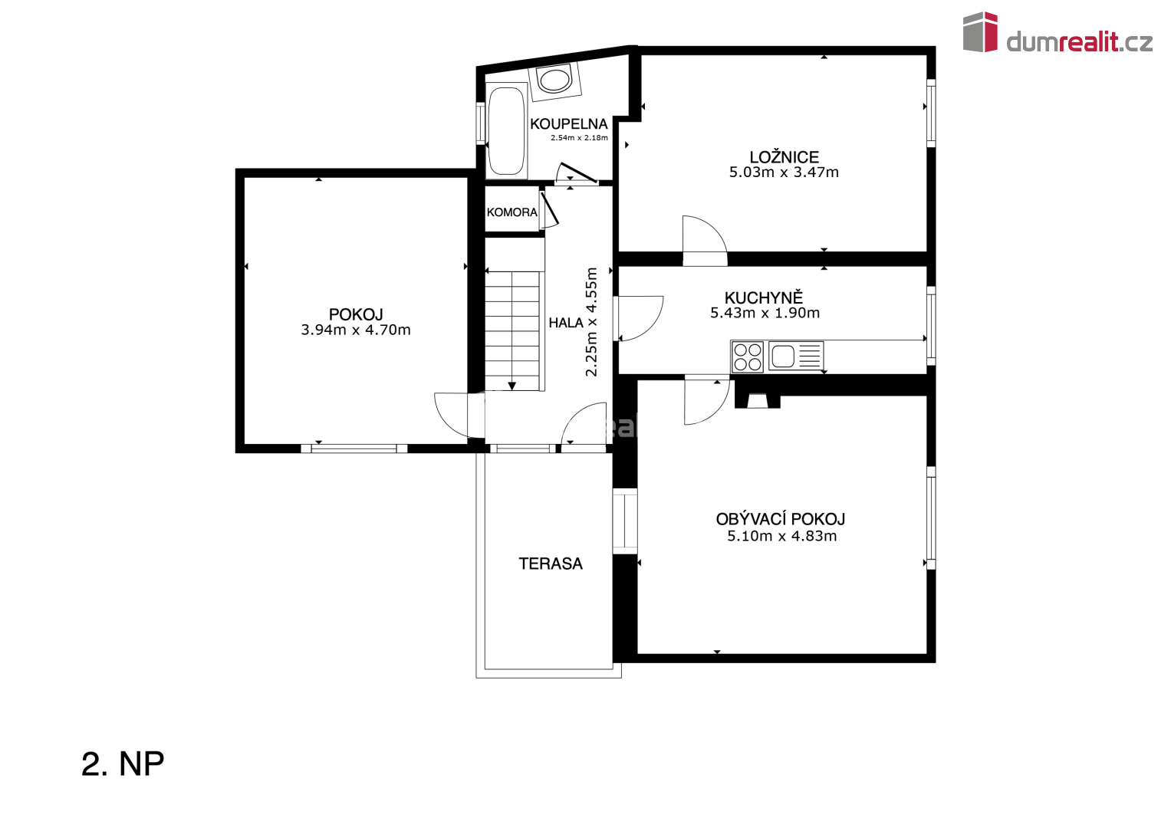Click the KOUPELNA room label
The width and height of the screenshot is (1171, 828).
coord(569,124)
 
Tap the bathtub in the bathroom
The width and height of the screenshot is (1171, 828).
coord(506,130)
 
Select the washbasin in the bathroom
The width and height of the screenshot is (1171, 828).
coord(554,80)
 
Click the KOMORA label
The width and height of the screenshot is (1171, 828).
coord(511,212)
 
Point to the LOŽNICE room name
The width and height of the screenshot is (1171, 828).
coord(785,157)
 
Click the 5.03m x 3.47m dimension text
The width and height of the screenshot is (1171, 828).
coord(784,172)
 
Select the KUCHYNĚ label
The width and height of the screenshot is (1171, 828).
coord(764,297)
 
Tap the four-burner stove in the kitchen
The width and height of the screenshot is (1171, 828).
coord(748,356)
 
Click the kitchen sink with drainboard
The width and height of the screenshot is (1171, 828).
coord(796,356)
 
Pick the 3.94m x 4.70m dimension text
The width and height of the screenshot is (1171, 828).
coord(356,330)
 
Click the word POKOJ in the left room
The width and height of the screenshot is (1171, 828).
coord(356,314)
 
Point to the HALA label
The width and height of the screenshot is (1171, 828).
coord(566,323)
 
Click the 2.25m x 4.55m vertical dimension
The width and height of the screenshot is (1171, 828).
coord(591,322)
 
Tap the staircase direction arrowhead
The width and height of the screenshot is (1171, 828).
coord(511,386)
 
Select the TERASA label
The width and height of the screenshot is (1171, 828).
coord(551,563)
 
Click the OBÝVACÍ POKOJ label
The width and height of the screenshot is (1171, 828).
coord(781,519)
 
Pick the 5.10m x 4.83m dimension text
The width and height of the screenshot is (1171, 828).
coord(781,536)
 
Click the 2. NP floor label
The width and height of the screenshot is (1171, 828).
coord(123,764)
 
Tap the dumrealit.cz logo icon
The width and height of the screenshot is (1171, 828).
coord(980,32)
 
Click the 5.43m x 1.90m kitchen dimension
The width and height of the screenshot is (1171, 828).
coord(765,313)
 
